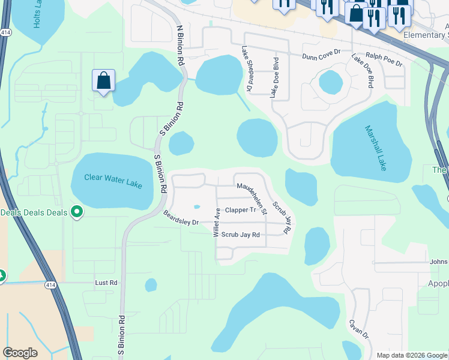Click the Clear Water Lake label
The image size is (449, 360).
coord(113,181)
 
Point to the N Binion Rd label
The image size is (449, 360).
coord(179,46)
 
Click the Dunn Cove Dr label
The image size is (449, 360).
coord(321,55)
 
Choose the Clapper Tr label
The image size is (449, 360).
coord(241,210)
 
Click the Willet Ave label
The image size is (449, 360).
coord(217,223)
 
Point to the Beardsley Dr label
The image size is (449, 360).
coord(181,218)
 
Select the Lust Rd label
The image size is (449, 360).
coord(106,282)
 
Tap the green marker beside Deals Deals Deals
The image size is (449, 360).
coord(77,212)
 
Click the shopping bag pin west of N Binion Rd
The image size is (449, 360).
coord(103,81)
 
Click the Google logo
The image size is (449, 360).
coord(20,353)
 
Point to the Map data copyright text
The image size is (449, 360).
coord(412,355)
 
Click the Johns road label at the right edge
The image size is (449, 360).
coord(438,262)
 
